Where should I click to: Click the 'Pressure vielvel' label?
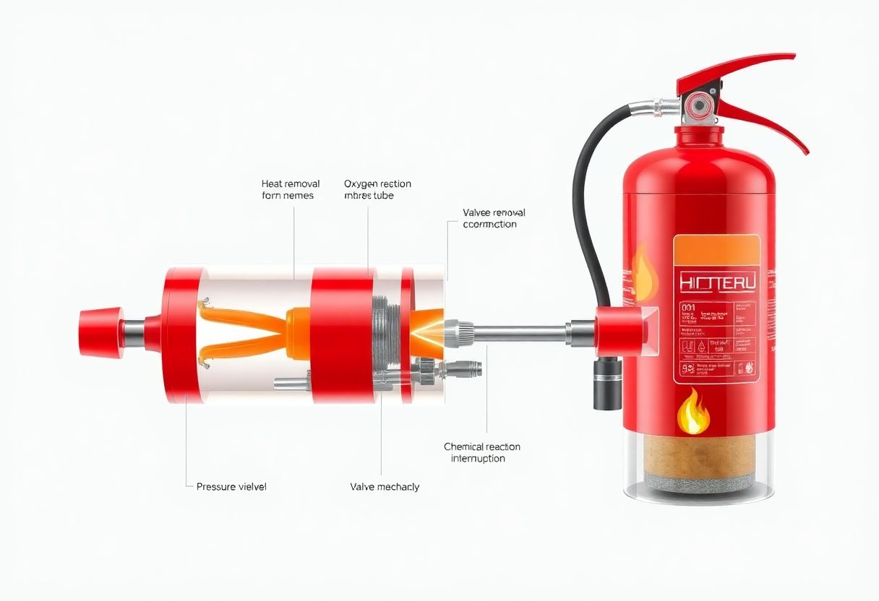coord(231,487)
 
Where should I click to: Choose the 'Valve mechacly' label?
coord(385,487)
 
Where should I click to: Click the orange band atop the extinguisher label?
coord(716,249)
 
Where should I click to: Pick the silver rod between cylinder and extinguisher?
coord(520,333)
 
